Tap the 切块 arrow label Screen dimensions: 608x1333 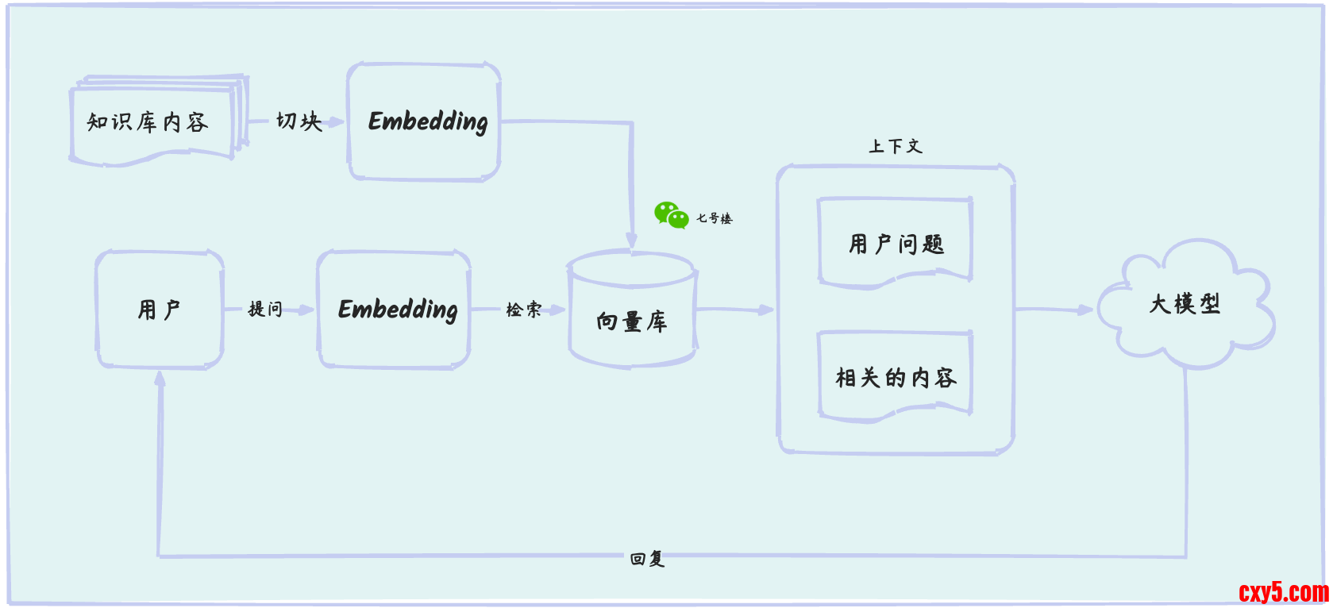[299, 121]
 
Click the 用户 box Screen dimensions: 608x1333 [160, 310]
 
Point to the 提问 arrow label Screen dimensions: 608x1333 [265, 309]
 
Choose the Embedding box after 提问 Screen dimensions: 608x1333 [395, 310]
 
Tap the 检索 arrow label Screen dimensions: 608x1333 [523, 310]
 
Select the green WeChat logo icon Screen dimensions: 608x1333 [671, 215]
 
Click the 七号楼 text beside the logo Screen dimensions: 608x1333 [714, 218]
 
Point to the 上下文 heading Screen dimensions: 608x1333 [895, 146]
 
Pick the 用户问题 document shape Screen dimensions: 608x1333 [896, 243]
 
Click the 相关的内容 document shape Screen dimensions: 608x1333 [896, 376]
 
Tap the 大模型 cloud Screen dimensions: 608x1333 [1185, 304]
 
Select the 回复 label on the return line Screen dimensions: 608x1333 [647, 559]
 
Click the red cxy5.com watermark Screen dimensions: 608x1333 [1283, 592]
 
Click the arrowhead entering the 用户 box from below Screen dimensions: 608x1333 [160, 379]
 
